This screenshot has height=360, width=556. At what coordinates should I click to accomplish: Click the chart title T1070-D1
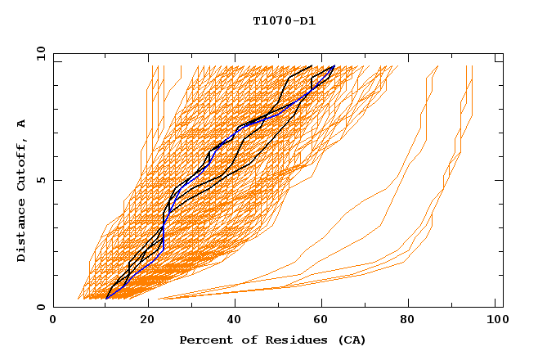click(285, 20)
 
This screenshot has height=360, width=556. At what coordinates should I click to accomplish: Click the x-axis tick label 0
click(53, 321)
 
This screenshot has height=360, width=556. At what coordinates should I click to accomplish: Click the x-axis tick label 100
click(495, 321)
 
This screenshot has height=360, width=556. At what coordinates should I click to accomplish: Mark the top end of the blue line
click(334, 66)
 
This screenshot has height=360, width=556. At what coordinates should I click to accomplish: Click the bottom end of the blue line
click(106, 299)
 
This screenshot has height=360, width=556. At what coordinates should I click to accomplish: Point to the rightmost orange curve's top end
click(473, 66)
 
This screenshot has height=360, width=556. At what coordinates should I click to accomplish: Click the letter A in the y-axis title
click(22, 123)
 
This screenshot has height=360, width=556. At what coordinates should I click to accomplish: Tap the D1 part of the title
click(309, 20)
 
